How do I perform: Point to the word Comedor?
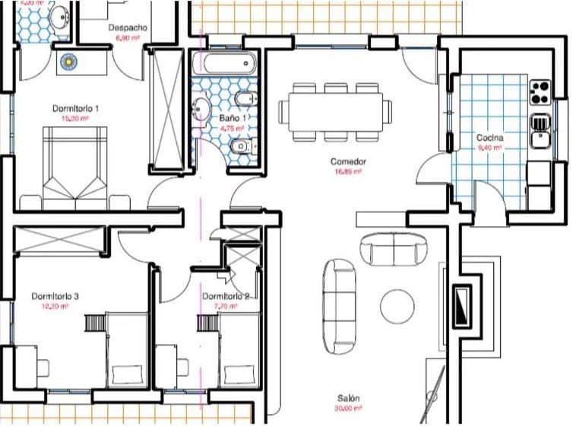[349, 162]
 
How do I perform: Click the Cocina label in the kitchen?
[490, 138]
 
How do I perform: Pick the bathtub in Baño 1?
[223, 63]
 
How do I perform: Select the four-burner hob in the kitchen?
[540, 92]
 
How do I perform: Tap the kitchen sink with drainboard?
[540, 130]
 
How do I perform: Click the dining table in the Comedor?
[335, 112]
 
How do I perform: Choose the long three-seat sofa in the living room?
[338, 302]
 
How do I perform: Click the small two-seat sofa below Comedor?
[394, 248]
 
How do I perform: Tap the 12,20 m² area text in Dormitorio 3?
[55, 306]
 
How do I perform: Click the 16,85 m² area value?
[349, 172]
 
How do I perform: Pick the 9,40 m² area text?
[490, 148]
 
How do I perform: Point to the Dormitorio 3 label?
[55, 296]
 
